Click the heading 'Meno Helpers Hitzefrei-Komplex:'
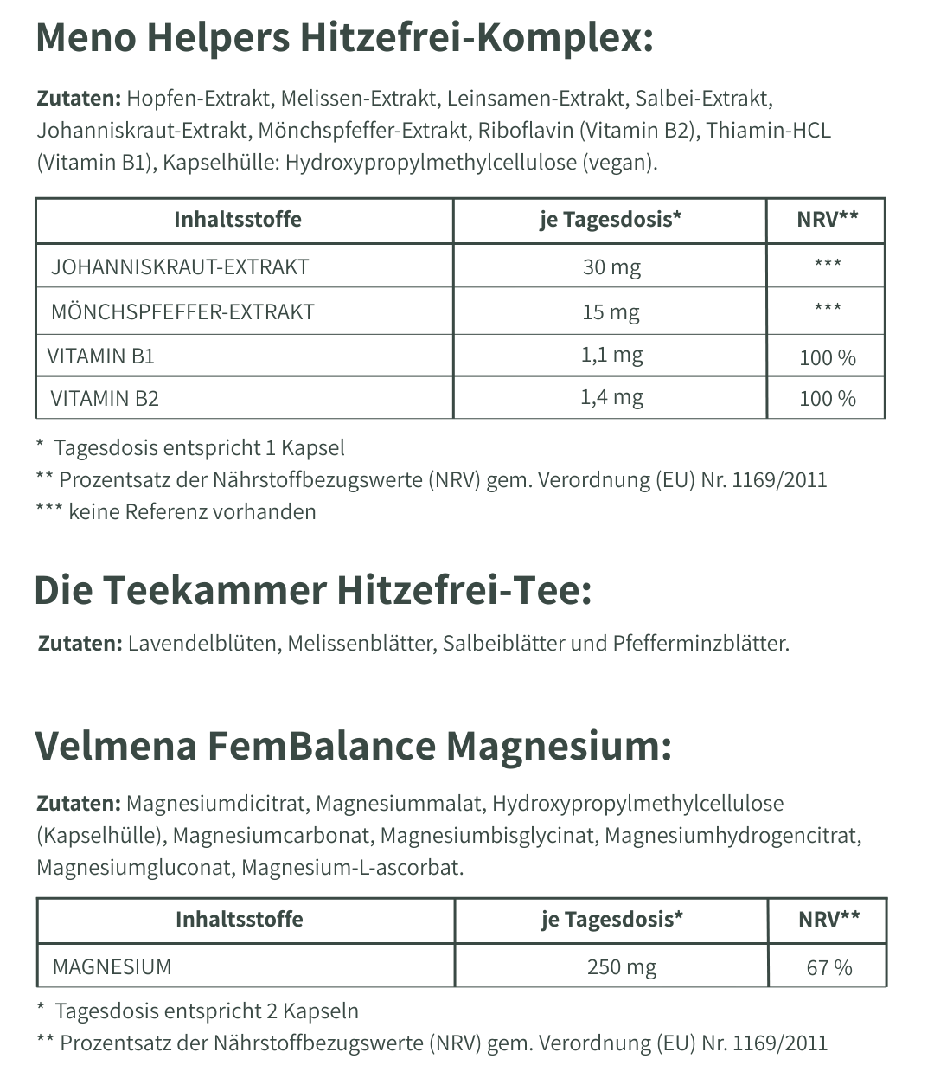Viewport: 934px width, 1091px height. coord(344,39)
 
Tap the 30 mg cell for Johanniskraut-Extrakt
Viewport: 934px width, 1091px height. coord(611,267)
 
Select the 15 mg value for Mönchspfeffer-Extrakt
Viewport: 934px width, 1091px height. coord(611,312)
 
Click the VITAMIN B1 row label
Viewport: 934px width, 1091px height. coord(101,356)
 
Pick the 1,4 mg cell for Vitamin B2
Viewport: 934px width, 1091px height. coord(611,398)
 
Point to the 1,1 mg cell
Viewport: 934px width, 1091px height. coord(611,355)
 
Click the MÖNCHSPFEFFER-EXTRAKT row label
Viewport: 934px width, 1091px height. coord(182,312)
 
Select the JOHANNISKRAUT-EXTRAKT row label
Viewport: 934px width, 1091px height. coord(180,267)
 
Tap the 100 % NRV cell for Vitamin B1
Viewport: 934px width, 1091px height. coord(828,357)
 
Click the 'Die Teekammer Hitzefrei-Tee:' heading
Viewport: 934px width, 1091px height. coord(312,591)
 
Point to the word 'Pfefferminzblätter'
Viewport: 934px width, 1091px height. coord(700,644)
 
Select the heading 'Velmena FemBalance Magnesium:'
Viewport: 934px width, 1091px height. coord(353,746)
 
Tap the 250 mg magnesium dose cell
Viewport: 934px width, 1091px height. coord(621,966)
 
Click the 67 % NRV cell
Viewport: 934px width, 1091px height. coord(829,967)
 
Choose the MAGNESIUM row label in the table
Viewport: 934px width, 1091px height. coord(112,966)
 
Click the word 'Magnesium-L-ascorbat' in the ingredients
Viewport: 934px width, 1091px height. coord(352,868)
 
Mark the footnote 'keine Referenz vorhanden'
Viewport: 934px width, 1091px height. coord(192,512)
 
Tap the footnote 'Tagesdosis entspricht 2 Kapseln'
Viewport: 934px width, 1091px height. coord(207,1011)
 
